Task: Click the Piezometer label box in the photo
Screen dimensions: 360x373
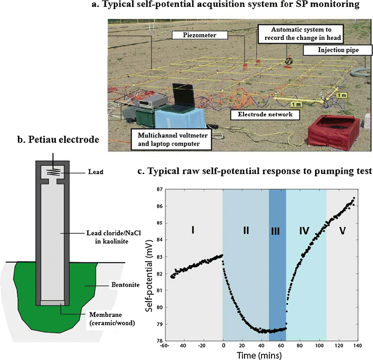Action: [x=194, y=35]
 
